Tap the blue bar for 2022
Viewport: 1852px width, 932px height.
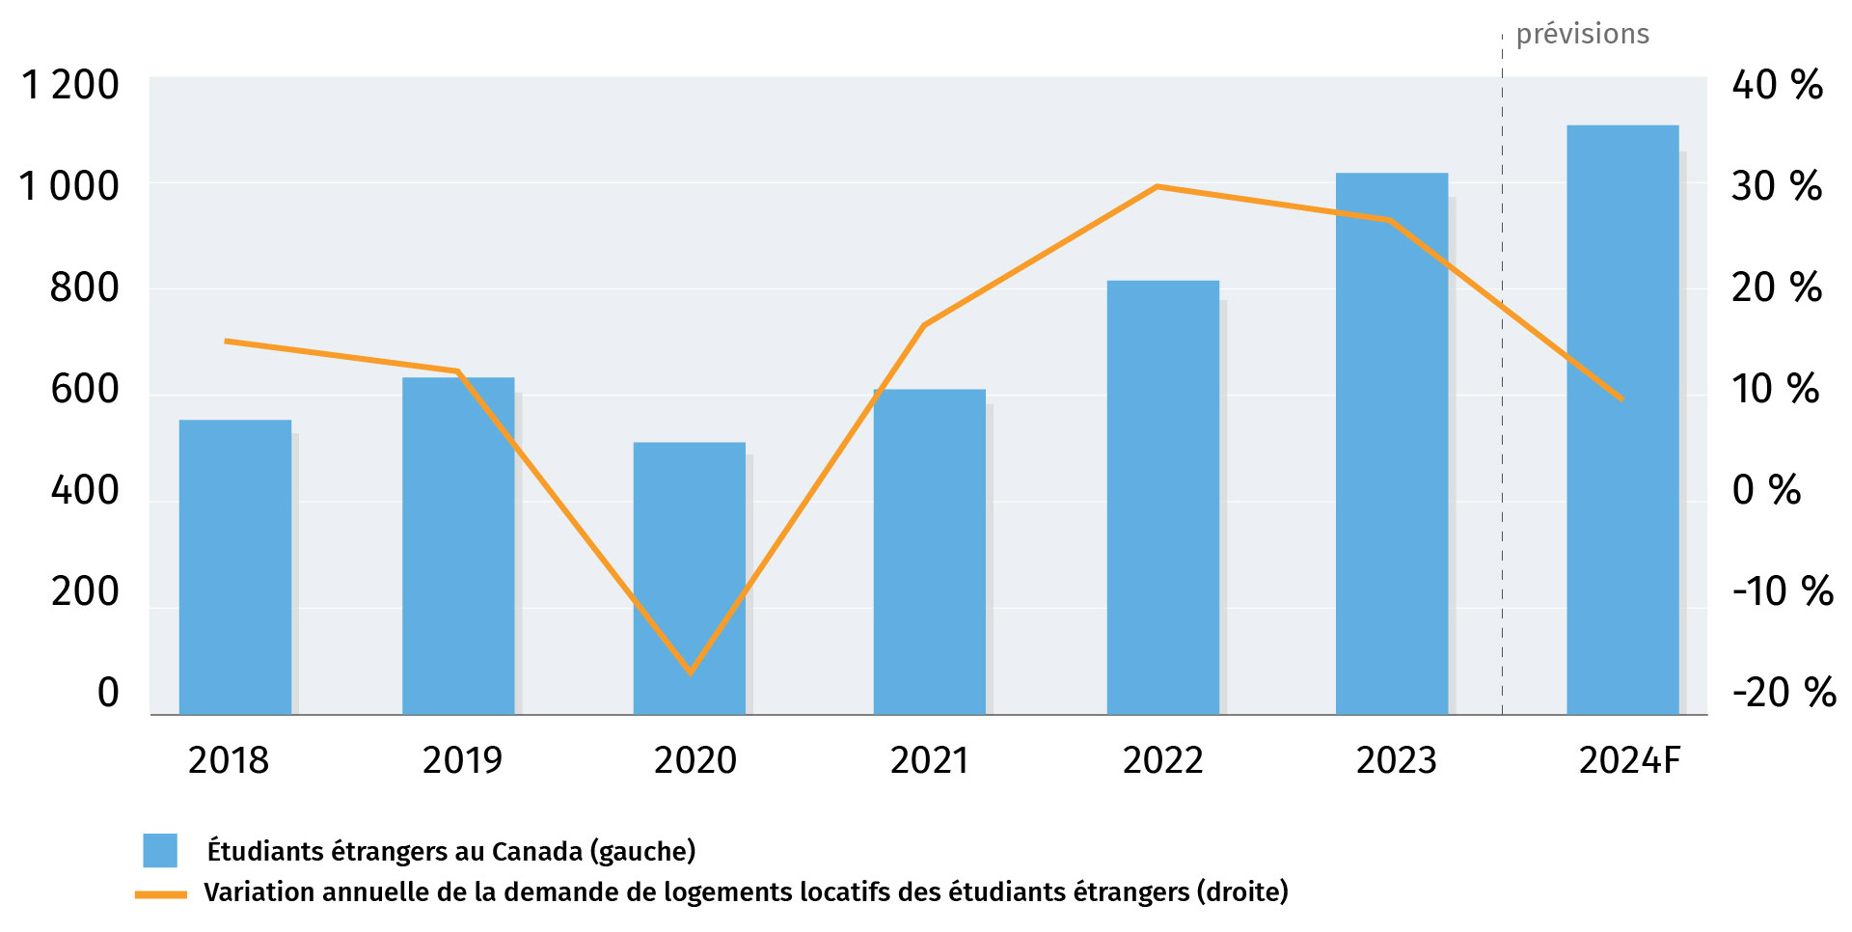(x=1162, y=497)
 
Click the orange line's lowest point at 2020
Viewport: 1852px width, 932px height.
(x=691, y=672)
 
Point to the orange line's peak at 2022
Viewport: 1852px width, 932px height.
(x=1157, y=186)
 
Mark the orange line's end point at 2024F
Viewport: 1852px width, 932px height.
(x=1622, y=398)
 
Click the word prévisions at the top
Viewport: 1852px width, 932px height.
(x=1582, y=35)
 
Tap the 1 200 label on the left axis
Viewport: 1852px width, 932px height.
(x=70, y=85)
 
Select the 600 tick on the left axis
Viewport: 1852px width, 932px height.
(x=85, y=389)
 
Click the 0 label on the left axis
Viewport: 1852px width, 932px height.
(x=108, y=693)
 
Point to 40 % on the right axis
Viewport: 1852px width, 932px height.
(x=1777, y=85)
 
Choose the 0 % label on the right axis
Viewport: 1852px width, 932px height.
(x=1766, y=490)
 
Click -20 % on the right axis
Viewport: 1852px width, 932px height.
(x=1784, y=693)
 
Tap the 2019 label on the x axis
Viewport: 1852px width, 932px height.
(x=462, y=760)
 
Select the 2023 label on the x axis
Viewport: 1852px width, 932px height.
(x=1396, y=760)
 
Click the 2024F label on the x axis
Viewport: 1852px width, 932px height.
(x=1629, y=760)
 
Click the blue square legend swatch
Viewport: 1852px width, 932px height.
(x=160, y=850)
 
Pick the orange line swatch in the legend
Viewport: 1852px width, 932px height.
(x=160, y=894)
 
